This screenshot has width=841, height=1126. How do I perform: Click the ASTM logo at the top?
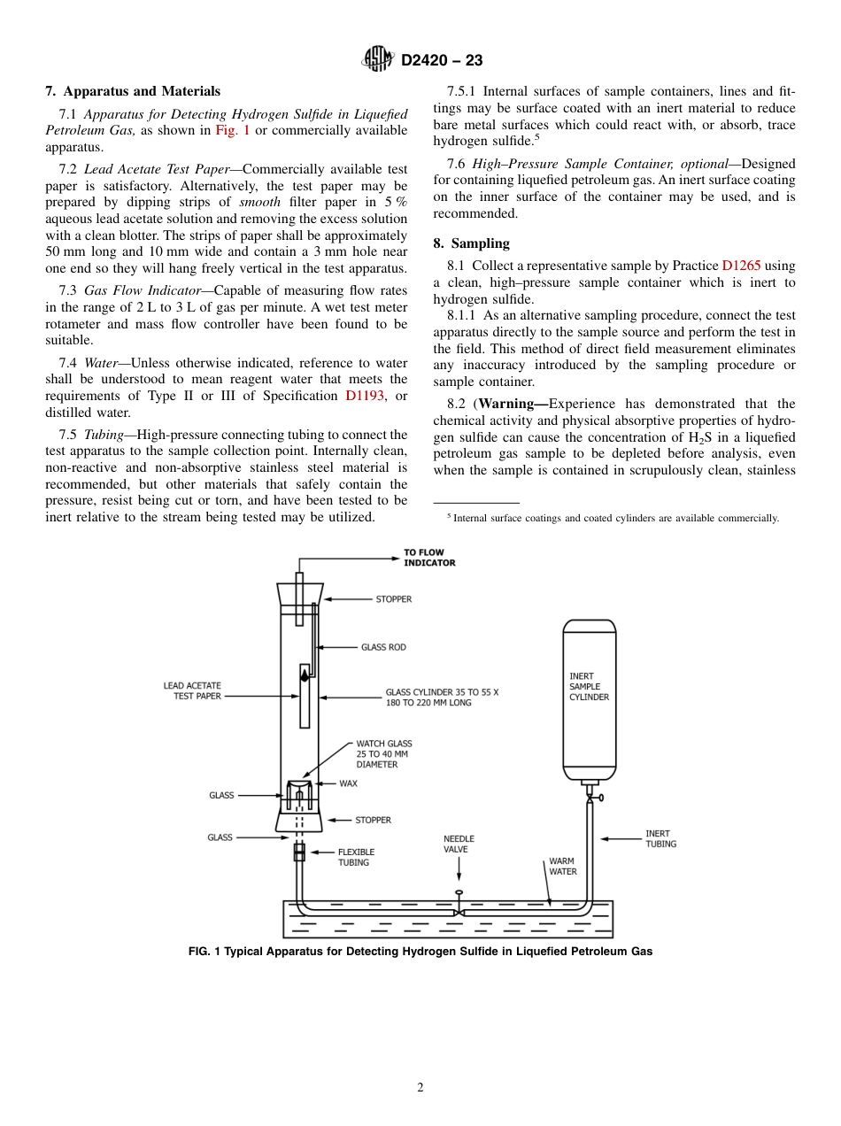(x=378, y=60)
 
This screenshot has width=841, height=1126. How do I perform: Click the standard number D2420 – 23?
(x=442, y=61)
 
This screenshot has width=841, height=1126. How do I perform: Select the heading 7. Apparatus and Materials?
(x=133, y=91)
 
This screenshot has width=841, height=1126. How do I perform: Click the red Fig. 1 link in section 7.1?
(x=233, y=130)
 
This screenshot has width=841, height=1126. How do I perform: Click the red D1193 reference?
(x=365, y=396)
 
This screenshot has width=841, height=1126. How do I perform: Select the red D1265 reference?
(x=741, y=266)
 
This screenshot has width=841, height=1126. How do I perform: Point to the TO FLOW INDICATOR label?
(x=429, y=558)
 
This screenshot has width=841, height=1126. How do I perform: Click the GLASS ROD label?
(x=383, y=647)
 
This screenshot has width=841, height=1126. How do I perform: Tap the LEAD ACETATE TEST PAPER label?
(x=192, y=690)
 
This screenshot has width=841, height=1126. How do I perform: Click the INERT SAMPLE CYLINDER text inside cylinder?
(x=589, y=686)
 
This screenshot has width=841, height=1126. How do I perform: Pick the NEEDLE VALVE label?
(x=459, y=844)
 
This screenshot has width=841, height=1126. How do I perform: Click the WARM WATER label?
(x=562, y=866)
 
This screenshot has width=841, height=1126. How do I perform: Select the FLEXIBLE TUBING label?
(x=356, y=857)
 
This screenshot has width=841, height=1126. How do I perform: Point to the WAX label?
(x=348, y=783)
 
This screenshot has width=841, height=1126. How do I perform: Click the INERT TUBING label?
(x=660, y=838)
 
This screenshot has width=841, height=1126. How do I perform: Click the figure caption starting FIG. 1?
(x=420, y=952)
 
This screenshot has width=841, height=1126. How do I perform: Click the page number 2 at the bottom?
(x=420, y=1088)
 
